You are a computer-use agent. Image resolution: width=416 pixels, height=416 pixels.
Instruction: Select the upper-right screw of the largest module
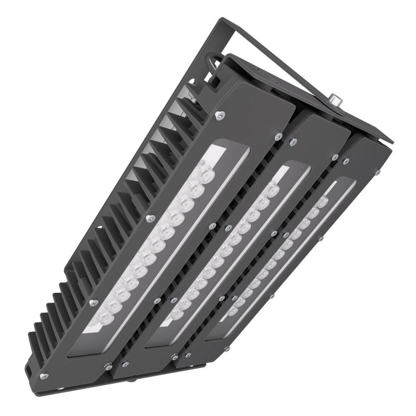pyautogui.click(x=279, y=136)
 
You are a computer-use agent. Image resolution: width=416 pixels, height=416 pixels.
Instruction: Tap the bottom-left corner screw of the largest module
pyautogui.click(x=44, y=374)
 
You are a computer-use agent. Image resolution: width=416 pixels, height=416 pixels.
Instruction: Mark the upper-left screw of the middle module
pyautogui.click(x=293, y=141)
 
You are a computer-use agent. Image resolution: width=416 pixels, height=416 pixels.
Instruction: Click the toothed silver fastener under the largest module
pyautogui.click(x=110, y=367)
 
